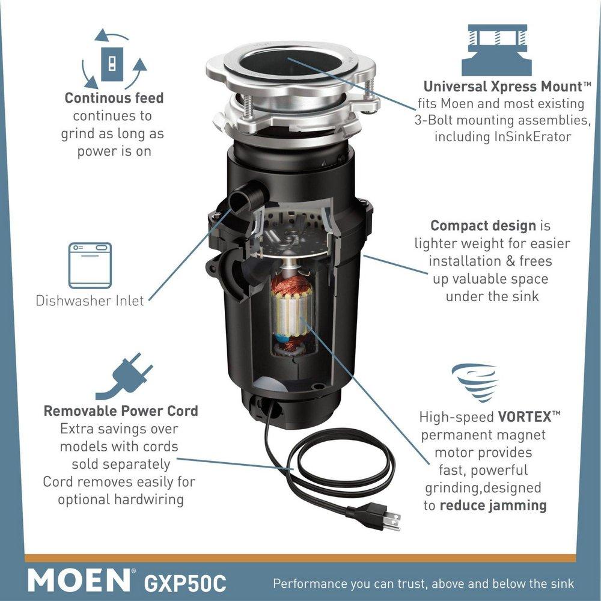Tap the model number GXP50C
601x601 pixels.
click(x=183, y=581)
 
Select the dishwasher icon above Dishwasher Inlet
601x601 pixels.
click(x=90, y=265)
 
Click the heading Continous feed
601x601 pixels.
click(x=114, y=98)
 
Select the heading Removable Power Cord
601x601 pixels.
click(x=121, y=412)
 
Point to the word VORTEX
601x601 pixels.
click(x=520, y=416)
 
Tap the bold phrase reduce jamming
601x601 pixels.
click(x=493, y=505)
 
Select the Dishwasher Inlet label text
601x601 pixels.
click(x=90, y=300)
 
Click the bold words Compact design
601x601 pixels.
click(x=483, y=226)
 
